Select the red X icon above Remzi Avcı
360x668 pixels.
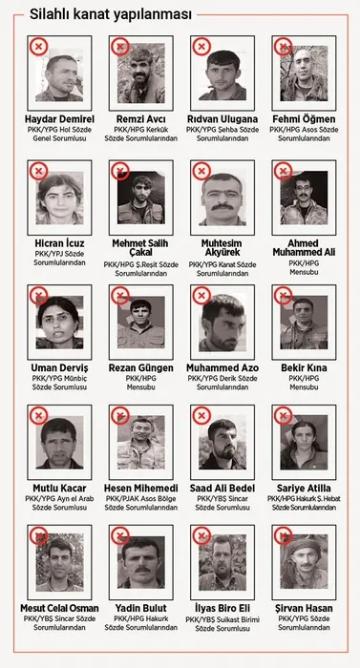click(x=119, y=46)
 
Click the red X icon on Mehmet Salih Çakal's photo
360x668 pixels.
click(x=119, y=171)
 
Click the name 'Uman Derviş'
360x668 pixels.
click(x=60, y=368)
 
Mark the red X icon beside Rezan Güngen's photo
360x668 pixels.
click(x=119, y=296)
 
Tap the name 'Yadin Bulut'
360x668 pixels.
click(x=141, y=608)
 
